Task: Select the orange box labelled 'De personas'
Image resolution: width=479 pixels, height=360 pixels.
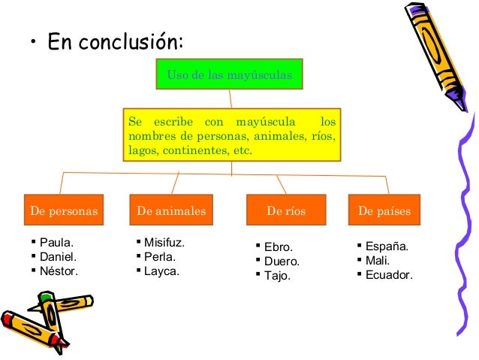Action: (65, 211)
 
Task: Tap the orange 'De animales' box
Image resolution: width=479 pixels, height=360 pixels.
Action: (171, 211)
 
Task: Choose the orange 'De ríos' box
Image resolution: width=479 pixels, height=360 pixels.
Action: (287, 211)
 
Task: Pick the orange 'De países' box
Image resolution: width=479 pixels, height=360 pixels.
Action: (384, 211)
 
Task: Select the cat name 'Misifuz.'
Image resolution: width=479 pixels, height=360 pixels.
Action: (163, 243)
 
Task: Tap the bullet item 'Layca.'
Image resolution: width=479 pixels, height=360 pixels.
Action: (161, 270)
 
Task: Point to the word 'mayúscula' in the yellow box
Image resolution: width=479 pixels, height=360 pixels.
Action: (263, 122)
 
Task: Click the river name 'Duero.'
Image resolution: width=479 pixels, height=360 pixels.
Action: (281, 262)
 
